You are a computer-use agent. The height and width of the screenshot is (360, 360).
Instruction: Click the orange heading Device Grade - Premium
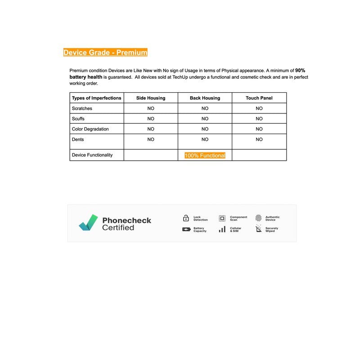[x=105, y=53]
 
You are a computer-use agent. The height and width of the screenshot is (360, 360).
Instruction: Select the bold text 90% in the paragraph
[x=300, y=71]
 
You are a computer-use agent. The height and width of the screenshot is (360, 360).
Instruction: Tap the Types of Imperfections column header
[x=96, y=98]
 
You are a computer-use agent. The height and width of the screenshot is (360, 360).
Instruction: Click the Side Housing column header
[x=151, y=98]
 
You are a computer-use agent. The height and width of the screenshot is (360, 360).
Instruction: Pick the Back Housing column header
[x=205, y=98]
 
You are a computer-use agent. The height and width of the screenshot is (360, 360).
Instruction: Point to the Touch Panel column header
[x=259, y=98]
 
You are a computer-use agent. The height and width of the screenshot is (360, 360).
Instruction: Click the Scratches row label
[x=82, y=108]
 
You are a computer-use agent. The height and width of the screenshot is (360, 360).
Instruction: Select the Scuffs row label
[x=78, y=119]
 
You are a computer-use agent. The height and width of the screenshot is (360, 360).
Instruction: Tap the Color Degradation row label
[x=90, y=129]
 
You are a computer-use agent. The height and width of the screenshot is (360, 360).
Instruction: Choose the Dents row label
[x=78, y=139]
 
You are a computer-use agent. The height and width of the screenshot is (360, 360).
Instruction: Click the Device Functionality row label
[x=92, y=155]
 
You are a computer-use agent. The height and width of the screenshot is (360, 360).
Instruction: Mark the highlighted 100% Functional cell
[x=205, y=155]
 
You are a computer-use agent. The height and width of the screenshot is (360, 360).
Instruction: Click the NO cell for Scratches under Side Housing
[x=151, y=108]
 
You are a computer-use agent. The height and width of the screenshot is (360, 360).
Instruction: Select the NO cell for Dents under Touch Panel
[x=259, y=139]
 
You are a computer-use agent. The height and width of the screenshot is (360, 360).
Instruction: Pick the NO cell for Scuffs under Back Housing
[x=205, y=119]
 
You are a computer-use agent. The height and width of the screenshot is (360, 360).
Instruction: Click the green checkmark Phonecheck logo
[x=88, y=223]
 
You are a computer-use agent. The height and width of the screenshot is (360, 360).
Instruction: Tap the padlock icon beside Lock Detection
[x=186, y=218]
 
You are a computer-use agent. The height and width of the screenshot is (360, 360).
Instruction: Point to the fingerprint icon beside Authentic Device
[x=258, y=218]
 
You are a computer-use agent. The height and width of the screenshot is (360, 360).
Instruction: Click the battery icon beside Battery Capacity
[x=186, y=229]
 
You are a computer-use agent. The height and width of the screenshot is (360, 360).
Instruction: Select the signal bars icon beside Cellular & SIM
[x=222, y=229]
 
